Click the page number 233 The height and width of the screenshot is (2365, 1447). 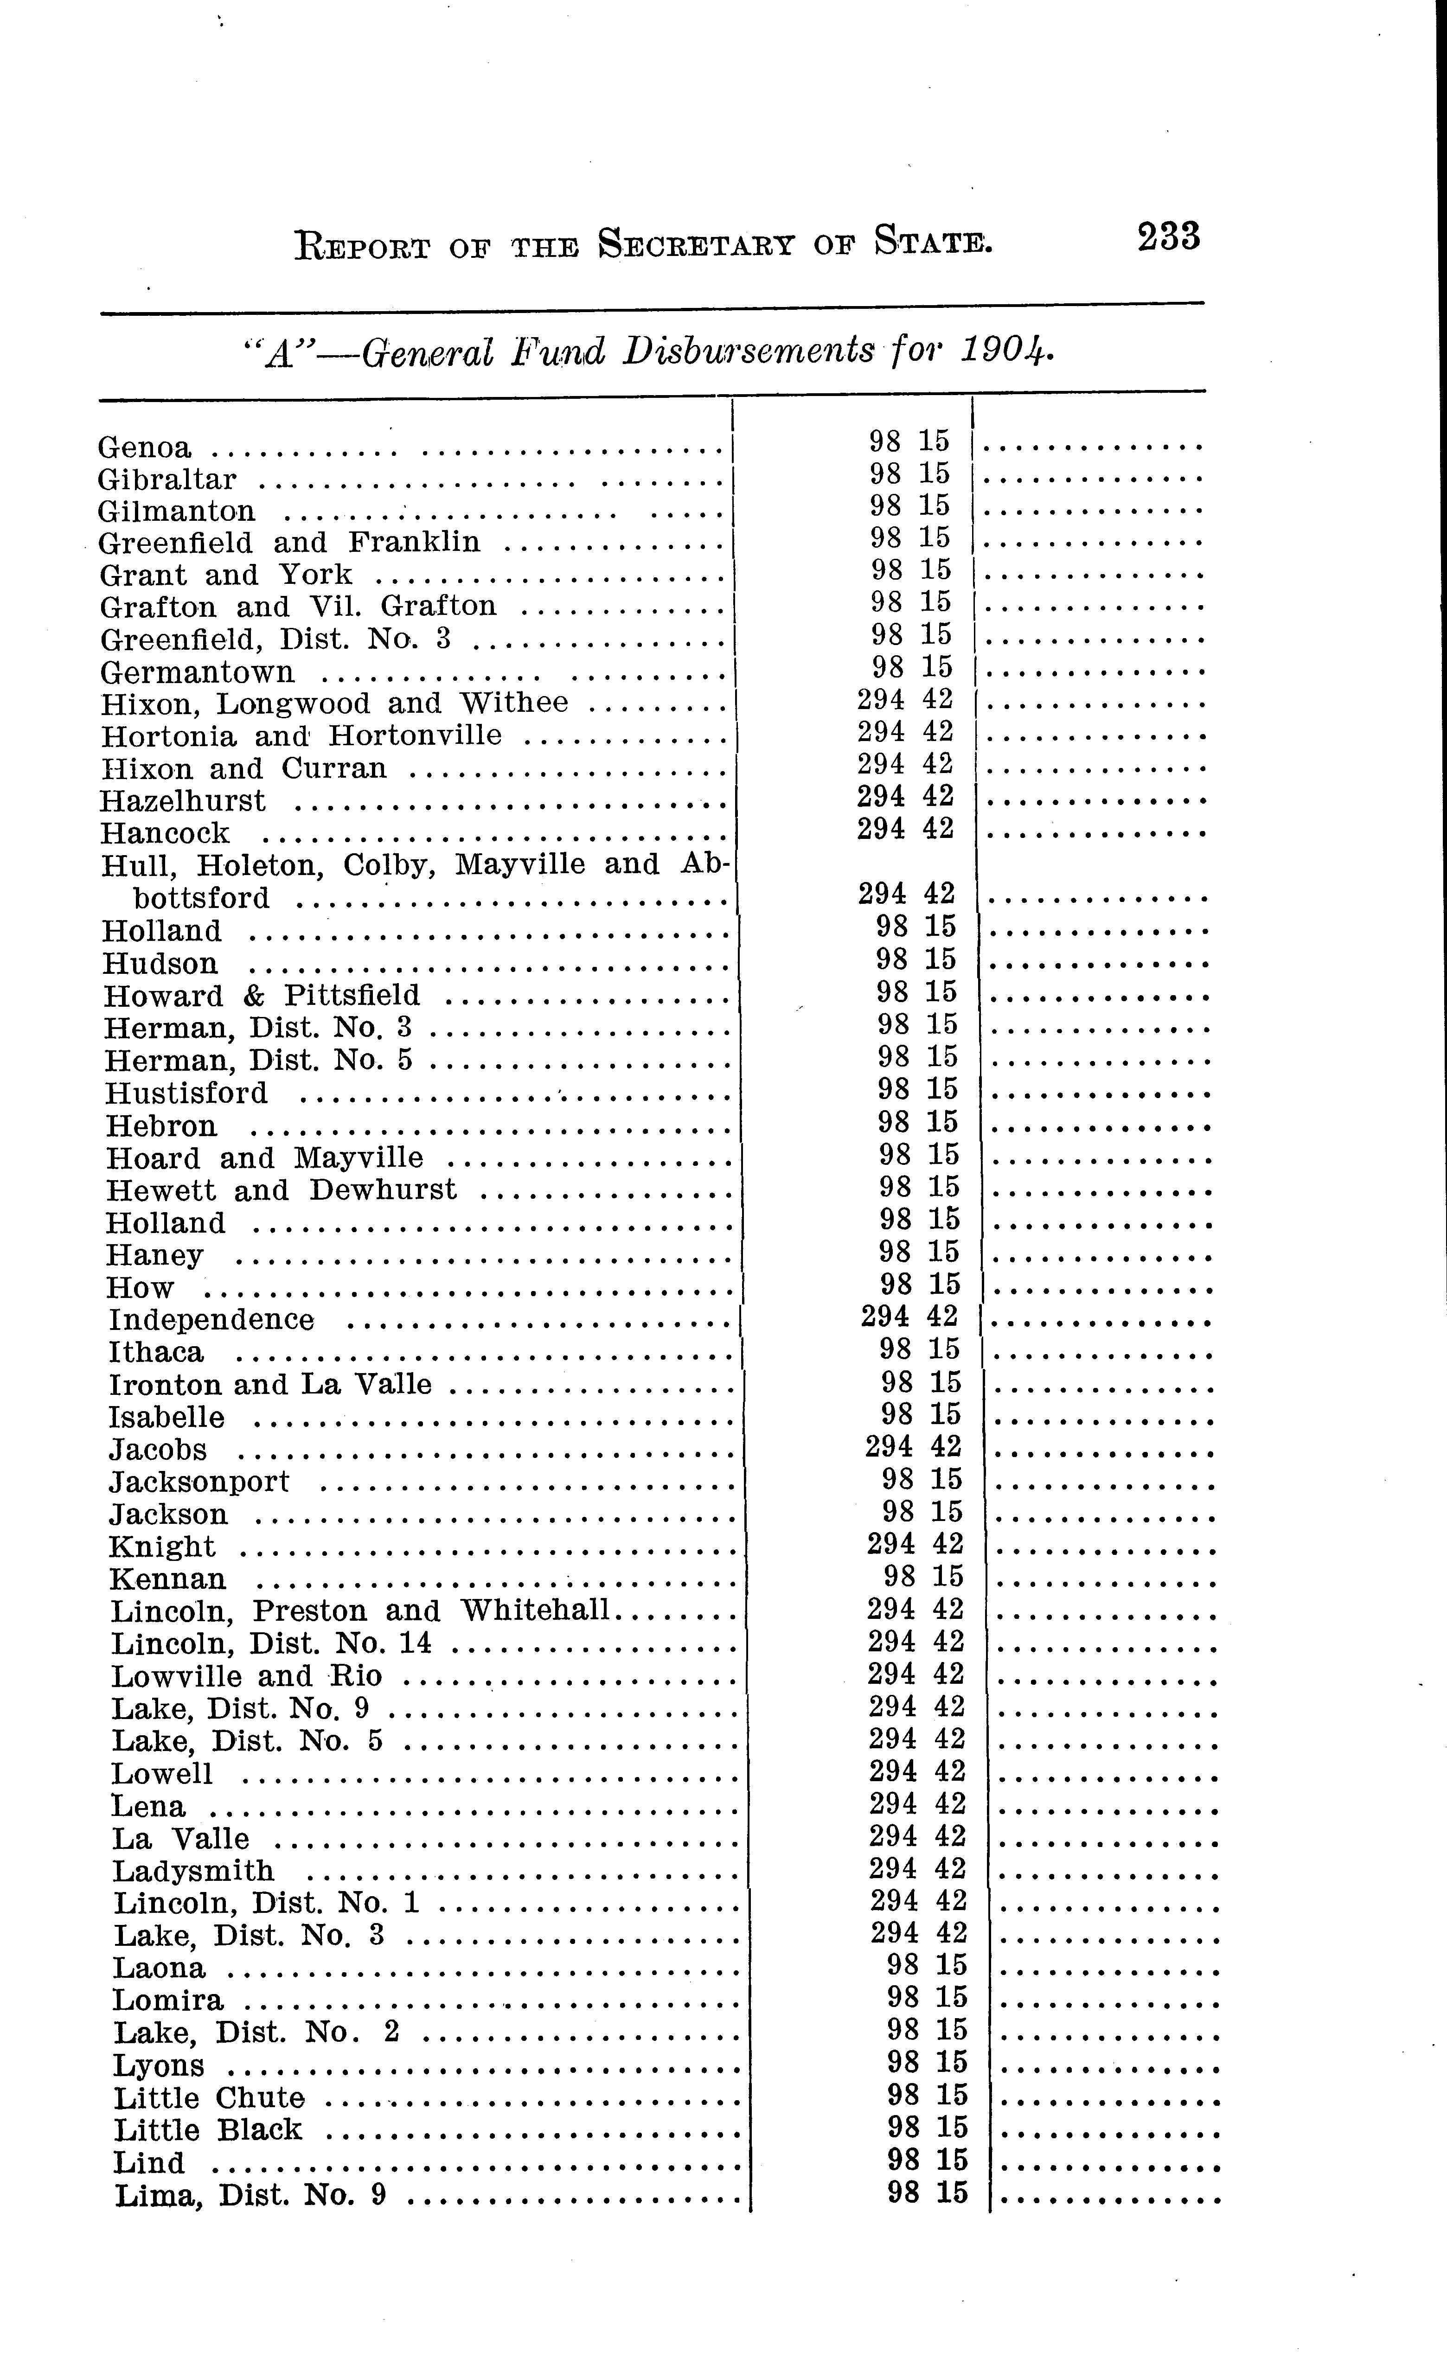click(1169, 236)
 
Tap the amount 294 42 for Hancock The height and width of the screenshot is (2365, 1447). click(905, 827)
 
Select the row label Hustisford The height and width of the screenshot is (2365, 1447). click(186, 1093)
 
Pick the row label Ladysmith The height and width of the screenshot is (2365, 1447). click(193, 1871)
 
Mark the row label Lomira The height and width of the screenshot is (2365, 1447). click(168, 2000)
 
